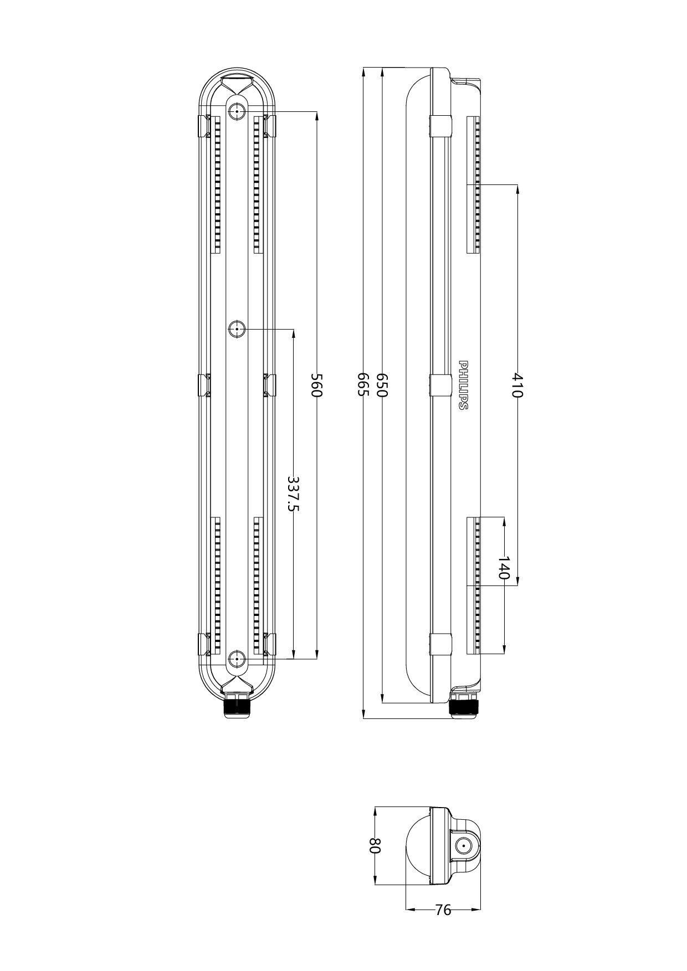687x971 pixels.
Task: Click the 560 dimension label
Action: pos(316,385)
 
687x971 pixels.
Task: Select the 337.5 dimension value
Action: pos(293,494)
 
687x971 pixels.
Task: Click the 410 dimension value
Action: pos(517,385)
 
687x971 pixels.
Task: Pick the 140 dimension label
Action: pos(504,568)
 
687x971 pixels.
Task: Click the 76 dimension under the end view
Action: pos(443,910)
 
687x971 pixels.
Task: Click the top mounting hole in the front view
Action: pos(237,111)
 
